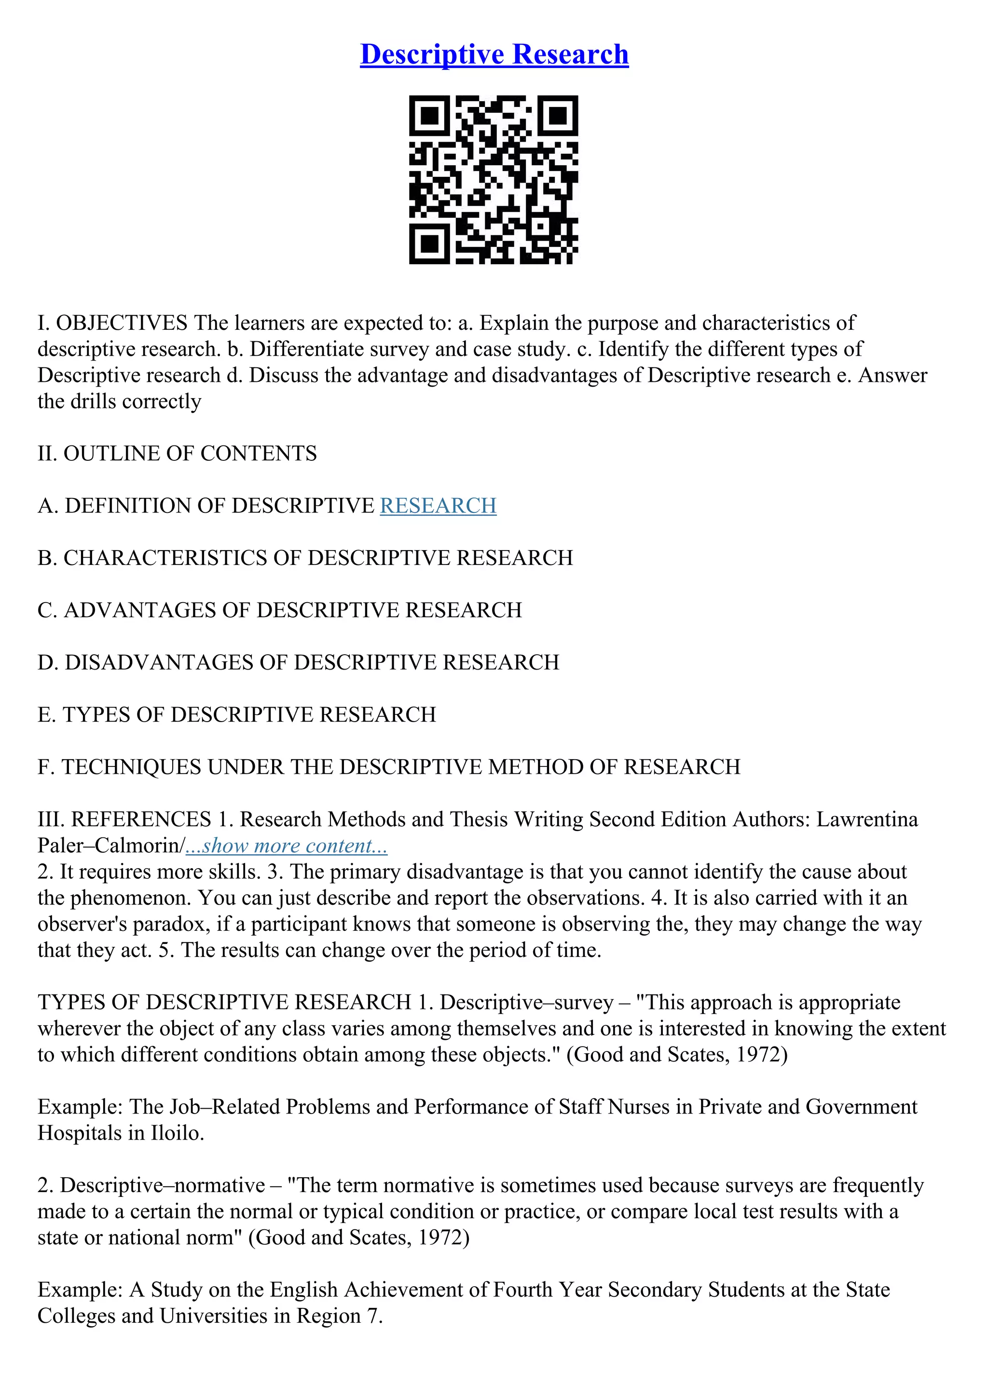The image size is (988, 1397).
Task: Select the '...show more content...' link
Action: coord(286,846)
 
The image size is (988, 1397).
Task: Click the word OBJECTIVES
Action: coord(122,322)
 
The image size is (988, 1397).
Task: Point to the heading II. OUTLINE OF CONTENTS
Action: coord(177,453)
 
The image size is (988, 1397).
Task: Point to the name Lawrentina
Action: coord(866,819)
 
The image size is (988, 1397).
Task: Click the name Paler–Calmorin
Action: coord(109,846)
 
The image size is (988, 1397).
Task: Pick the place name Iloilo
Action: coord(175,1133)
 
